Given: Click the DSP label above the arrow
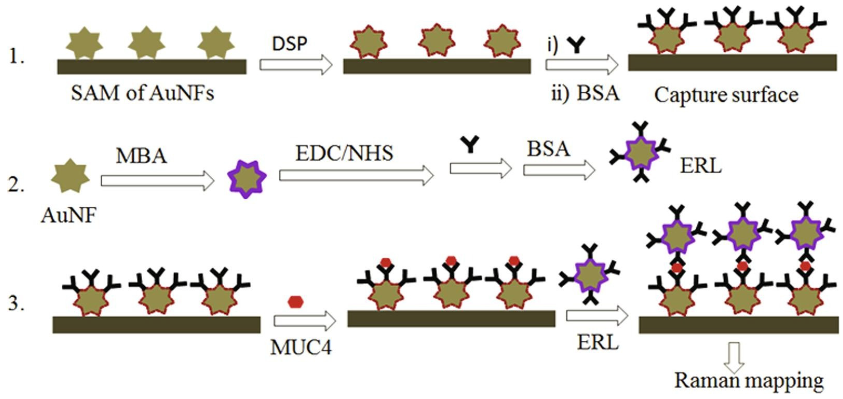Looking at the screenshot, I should click(x=290, y=44).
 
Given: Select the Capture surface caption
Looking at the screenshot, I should click(x=726, y=95).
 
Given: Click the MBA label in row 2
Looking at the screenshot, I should click(x=141, y=156).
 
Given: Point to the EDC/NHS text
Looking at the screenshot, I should click(x=344, y=153).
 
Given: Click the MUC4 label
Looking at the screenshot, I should click(x=301, y=347).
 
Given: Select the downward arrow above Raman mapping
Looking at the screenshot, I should click(x=734, y=357).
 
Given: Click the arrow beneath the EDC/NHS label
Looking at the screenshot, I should click(x=356, y=176).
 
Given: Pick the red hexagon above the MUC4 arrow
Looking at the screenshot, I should click(x=296, y=301).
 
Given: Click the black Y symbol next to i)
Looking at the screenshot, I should click(x=576, y=45).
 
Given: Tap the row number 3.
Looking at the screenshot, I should click(x=15, y=303).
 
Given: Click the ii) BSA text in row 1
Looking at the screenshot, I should click(x=585, y=93).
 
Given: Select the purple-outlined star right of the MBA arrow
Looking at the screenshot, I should click(x=247, y=179).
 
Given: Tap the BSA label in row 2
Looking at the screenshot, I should click(x=548, y=149).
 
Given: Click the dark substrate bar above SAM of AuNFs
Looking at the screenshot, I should click(x=152, y=67).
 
